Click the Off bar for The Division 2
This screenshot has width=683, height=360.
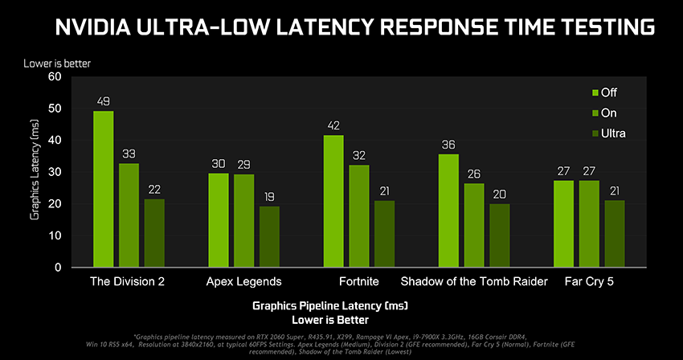pyautogui.click(x=103, y=189)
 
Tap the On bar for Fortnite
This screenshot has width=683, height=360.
pyautogui.click(x=359, y=216)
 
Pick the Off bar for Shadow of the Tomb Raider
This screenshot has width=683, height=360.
pyautogui.click(x=449, y=210)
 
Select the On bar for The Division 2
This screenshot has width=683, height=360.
pyautogui.click(x=129, y=215)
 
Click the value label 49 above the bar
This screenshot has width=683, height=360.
pyautogui.click(x=103, y=101)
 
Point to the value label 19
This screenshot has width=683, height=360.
pyautogui.click(x=269, y=197)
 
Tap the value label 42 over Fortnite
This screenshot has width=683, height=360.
pyautogui.click(x=333, y=125)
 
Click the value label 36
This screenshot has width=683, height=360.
pyautogui.click(x=449, y=145)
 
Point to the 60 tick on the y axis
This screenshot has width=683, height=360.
pyautogui.click(x=55, y=77)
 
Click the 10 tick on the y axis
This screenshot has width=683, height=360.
pyautogui.click(x=55, y=235)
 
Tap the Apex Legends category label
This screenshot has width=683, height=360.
pyautogui.click(x=243, y=281)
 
